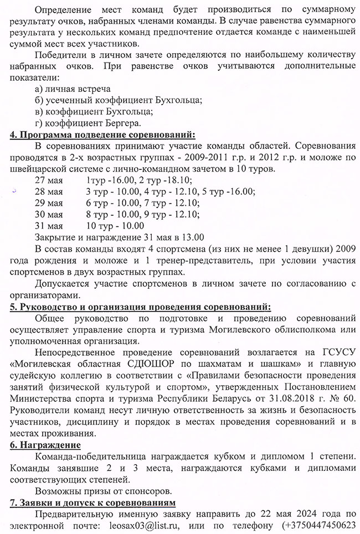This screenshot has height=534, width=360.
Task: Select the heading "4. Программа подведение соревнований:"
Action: (x=102, y=134)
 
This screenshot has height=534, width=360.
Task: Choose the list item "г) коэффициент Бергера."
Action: (x=88, y=122)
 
